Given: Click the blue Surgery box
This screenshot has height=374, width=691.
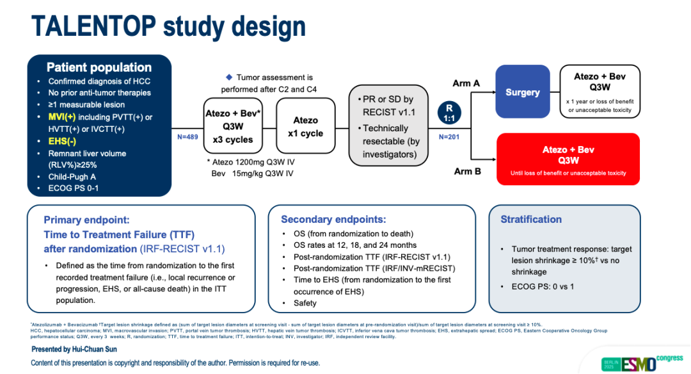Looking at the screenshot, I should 523,92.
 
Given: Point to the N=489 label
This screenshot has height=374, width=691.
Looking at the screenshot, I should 188,136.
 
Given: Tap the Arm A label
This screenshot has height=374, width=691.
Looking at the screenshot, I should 466,83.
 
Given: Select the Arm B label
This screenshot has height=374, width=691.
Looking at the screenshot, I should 467,171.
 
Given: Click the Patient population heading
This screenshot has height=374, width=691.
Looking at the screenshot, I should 99,67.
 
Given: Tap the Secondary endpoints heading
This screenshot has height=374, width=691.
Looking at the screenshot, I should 333,219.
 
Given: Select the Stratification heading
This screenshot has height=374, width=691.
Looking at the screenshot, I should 531,219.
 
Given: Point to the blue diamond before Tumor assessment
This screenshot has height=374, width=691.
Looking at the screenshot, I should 228,77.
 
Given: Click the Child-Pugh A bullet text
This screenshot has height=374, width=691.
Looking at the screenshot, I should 74,177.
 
